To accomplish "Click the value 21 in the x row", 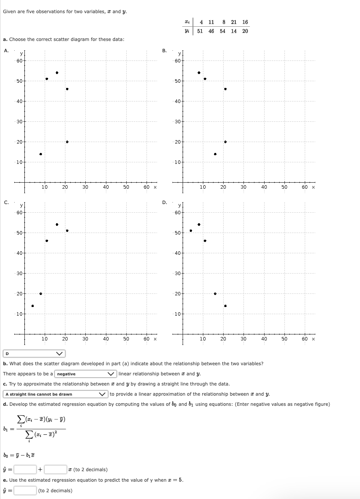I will [x=234, y=22].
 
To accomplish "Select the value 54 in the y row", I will [x=222, y=31].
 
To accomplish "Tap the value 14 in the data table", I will [x=234, y=31].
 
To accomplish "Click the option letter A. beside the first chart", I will [x=6, y=50].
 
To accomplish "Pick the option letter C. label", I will [x=6, y=202].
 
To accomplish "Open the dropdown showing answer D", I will [x=34, y=354].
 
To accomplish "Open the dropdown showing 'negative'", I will [x=85, y=374].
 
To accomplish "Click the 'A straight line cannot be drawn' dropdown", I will [x=56, y=394].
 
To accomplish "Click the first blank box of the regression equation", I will [x=25, y=469].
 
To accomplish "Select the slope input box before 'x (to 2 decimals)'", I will [x=56, y=469].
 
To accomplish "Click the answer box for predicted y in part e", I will [x=25, y=490].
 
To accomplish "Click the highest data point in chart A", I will [x=57, y=73].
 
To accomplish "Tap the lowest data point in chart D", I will [x=225, y=306].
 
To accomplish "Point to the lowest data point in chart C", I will [x=33, y=306].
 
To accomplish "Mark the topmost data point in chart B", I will [x=199, y=73].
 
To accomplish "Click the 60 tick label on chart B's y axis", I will [x=178, y=60].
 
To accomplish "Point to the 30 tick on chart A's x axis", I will [x=85, y=187].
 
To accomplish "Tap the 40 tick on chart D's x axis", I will [x=264, y=339].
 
